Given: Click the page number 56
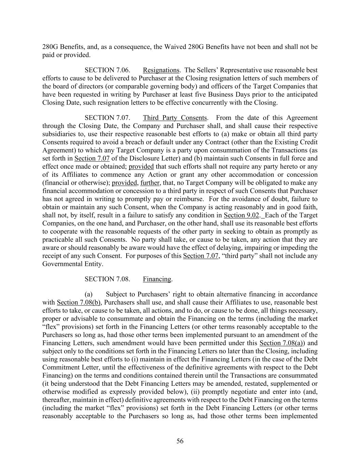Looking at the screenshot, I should tap(180, 441).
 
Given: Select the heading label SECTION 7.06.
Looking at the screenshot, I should tap(107, 70).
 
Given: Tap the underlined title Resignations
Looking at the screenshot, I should tap(161, 70).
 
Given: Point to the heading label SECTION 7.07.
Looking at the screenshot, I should tap(107, 118).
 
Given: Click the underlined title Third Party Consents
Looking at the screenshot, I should tap(175, 118).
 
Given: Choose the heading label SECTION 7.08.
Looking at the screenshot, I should tap(107, 279).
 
